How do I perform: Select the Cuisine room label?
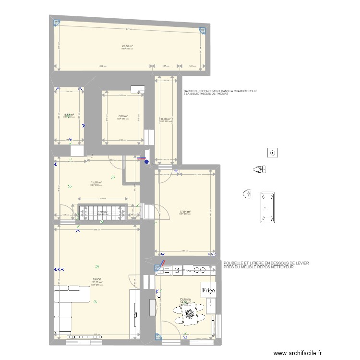pyautogui.click(x=186, y=299)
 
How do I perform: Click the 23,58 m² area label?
pyautogui.click(x=127, y=47)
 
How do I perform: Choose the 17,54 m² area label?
pyautogui.click(x=185, y=211)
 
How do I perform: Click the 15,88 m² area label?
pyautogui.click(x=96, y=182)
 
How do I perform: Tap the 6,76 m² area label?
pyautogui.click(x=166, y=119)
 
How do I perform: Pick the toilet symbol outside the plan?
pyautogui.click(x=259, y=169)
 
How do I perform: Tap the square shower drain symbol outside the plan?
pyautogui.click(x=273, y=153)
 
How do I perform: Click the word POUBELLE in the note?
pyautogui.click(x=233, y=263)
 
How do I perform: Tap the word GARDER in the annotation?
pyautogui.click(x=190, y=91)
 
